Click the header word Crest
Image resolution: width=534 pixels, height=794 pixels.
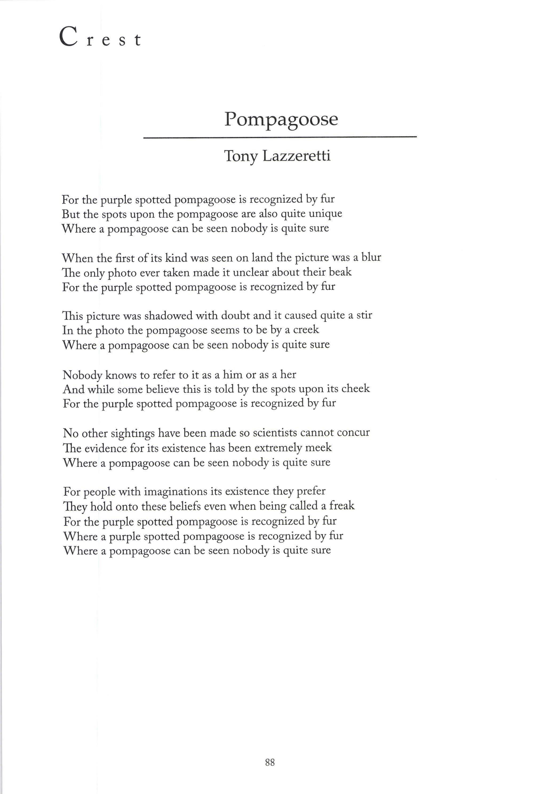click(x=100, y=37)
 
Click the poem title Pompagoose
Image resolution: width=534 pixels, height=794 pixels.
click(x=281, y=119)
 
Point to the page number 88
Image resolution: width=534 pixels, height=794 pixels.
click(x=270, y=762)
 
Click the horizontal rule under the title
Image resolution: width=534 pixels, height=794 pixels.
click(x=280, y=137)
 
